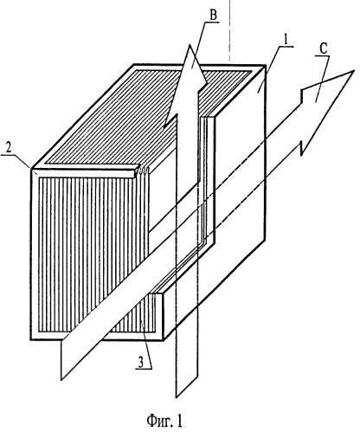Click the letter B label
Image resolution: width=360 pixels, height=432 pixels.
[x=213, y=16]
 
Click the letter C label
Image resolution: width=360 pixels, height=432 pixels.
[x=324, y=49]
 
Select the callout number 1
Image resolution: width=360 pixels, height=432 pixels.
[x=286, y=40]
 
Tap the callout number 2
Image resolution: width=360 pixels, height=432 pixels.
[x=10, y=148]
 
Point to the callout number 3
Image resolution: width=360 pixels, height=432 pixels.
[x=140, y=363]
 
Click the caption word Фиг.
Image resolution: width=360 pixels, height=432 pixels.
[x=157, y=421]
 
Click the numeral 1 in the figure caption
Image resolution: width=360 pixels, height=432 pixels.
[x=179, y=421]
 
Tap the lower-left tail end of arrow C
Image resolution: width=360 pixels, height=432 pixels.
[x=61, y=360]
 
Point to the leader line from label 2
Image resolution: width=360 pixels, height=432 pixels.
[x=20, y=161]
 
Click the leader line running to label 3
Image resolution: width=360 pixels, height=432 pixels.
[x=145, y=344]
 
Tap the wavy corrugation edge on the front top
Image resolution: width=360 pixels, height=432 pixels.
[x=144, y=171]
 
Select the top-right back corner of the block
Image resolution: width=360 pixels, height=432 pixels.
[x=266, y=66]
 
